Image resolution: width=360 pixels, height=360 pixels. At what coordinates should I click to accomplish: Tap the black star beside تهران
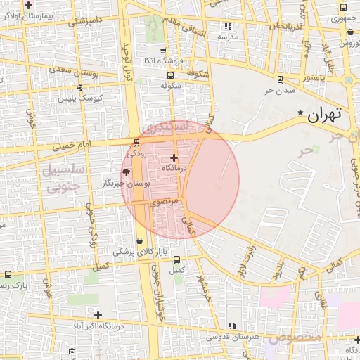click(301, 112)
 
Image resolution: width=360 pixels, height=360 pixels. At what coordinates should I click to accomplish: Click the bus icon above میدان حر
click(281, 79)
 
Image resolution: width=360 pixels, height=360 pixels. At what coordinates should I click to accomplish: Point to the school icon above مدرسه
click(228, 25)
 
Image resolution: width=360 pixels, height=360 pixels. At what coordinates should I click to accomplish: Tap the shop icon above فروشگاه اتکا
click(163, 50)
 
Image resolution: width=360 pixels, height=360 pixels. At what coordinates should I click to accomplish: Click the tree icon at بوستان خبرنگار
click(126, 172)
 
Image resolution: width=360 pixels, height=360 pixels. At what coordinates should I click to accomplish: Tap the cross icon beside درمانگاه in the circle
click(174, 157)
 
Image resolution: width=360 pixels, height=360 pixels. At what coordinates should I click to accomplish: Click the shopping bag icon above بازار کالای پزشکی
click(139, 240)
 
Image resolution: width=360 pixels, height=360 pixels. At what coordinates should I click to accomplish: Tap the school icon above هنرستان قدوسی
click(232, 326)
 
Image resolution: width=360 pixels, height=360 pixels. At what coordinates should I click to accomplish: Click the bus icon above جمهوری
click(342, 8)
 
